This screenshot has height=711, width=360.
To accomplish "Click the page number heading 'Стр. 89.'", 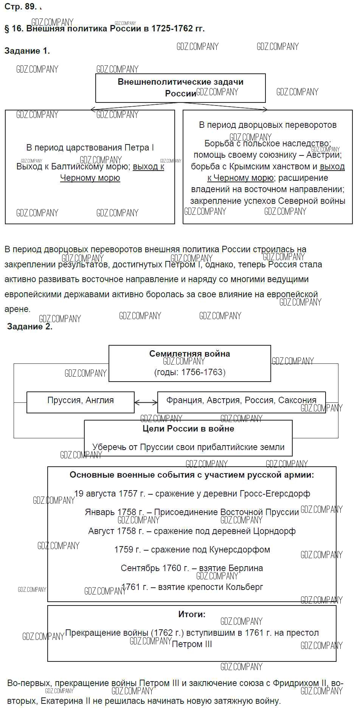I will (x=20, y=6).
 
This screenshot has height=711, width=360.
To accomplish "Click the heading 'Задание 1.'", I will (x=27, y=51).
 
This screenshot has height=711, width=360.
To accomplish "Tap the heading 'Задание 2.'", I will (x=29, y=326).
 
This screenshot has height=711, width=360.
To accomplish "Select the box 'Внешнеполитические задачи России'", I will (x=180, y=88).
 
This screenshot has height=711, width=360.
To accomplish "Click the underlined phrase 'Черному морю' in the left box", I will (x=90, y=178).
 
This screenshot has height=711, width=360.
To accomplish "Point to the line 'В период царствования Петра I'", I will (x=90, y=147).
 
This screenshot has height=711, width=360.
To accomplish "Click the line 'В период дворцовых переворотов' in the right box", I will (x=268, y=125).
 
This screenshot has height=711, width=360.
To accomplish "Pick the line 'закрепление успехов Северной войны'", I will (x=268, y=201).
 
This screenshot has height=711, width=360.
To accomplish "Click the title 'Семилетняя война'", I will (x=189, y=354).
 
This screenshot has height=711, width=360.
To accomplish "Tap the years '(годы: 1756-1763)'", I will (x=189, y=372).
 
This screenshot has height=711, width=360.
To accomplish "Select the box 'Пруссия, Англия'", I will (x=80, y=401).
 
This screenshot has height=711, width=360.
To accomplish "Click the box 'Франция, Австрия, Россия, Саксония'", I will (x=241, y=401).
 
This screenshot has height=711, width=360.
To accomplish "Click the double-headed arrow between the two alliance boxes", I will (x=146, y=402).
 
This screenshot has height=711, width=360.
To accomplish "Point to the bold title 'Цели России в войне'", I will (x=188, y=428).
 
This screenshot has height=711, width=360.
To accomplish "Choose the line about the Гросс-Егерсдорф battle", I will (x=192, y=494).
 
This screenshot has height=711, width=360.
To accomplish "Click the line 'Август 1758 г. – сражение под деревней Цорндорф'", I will (x=192, y=531).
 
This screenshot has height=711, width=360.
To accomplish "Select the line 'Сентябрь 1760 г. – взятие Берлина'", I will (x=192, y=568).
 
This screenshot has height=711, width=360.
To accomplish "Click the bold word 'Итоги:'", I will (x=192, y=614).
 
